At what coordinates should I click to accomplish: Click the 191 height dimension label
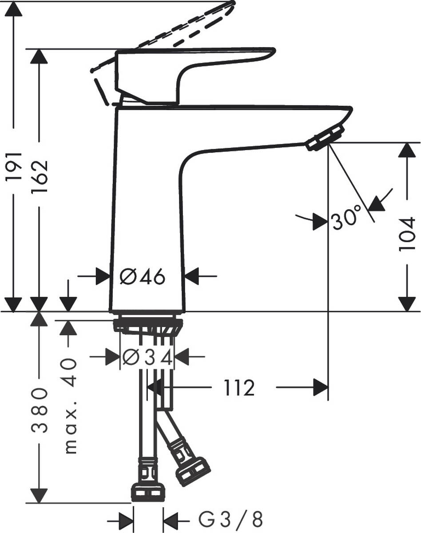click(x=14, y=165)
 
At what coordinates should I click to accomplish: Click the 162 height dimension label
click(x=40, y=165)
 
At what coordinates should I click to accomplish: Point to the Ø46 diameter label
click(x=143, y=277)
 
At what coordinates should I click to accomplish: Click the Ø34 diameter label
click(x=147, y=357)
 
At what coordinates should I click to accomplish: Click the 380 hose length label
click(x=40, y=410)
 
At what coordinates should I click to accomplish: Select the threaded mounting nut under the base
click(x=148, y=326)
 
